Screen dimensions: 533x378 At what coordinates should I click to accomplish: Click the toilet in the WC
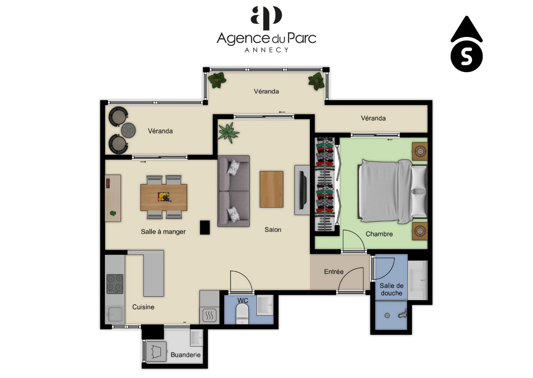pos(243,314)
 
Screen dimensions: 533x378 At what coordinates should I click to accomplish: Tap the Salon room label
pos(273,230)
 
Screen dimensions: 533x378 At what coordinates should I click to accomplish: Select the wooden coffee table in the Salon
pos(271,189)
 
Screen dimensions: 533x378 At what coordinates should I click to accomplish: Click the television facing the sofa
pos(303,190)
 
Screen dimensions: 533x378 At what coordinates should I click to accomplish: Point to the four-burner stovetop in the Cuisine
pos(115,284)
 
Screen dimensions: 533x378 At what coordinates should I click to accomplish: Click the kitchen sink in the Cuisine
pos(115,314)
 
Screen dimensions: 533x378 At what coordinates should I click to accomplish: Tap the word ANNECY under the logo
pos(267,50)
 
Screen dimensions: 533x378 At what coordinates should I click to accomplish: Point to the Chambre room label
pos(379,234)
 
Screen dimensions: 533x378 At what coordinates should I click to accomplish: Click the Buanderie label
pos(185,355)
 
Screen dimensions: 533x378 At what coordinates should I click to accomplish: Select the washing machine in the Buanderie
pos(156,351)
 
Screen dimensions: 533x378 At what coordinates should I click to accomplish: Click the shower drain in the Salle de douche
pos(387,316)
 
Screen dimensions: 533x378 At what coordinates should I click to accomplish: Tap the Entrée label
pos(334,272)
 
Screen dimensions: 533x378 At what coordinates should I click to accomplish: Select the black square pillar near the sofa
pos(205,227)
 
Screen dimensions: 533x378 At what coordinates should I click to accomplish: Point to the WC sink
pos(265,305)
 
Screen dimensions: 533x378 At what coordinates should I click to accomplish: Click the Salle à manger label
pos(163,232)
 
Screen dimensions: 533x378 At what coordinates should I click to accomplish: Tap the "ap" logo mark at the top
pos(266,18)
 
